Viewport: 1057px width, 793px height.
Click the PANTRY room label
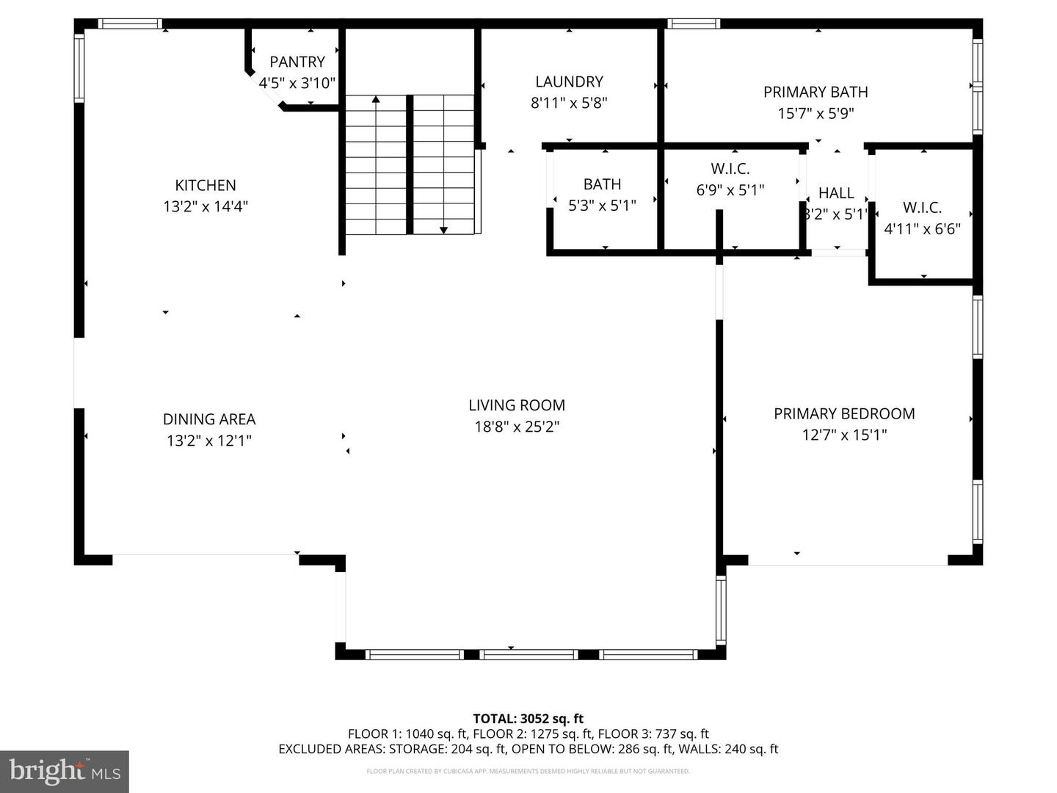(x=297, y=62)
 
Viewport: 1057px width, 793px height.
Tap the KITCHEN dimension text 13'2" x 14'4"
(x=206, y=207)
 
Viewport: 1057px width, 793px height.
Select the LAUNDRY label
(x=569, y=82)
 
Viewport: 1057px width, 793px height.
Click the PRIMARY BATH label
(x=816, y=92)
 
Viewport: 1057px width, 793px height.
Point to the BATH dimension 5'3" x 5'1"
(x=602, y=206)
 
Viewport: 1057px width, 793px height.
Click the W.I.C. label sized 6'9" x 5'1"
(x=730, y=169)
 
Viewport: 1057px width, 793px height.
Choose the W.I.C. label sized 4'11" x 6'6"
(x=922, y=208)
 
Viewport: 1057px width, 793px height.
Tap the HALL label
(x=836, y=193)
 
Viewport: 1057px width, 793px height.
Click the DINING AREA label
(x=209, y=419)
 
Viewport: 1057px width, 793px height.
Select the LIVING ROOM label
(x=517, y=405)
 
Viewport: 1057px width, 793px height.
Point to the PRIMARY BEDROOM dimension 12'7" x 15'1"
(x=844, y=435)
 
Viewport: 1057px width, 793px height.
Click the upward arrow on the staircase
(x=376, y=99)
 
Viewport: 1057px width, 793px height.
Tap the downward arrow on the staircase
(x=443, y=230)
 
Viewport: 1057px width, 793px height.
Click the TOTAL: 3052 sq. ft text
(x=528, y=719)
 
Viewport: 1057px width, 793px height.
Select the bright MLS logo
(x=65, y=771)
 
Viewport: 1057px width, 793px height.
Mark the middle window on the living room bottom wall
(x=528, y=654)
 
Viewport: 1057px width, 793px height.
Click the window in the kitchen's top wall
(x=130, y=23)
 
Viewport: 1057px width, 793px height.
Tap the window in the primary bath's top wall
(x=693, y=23)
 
